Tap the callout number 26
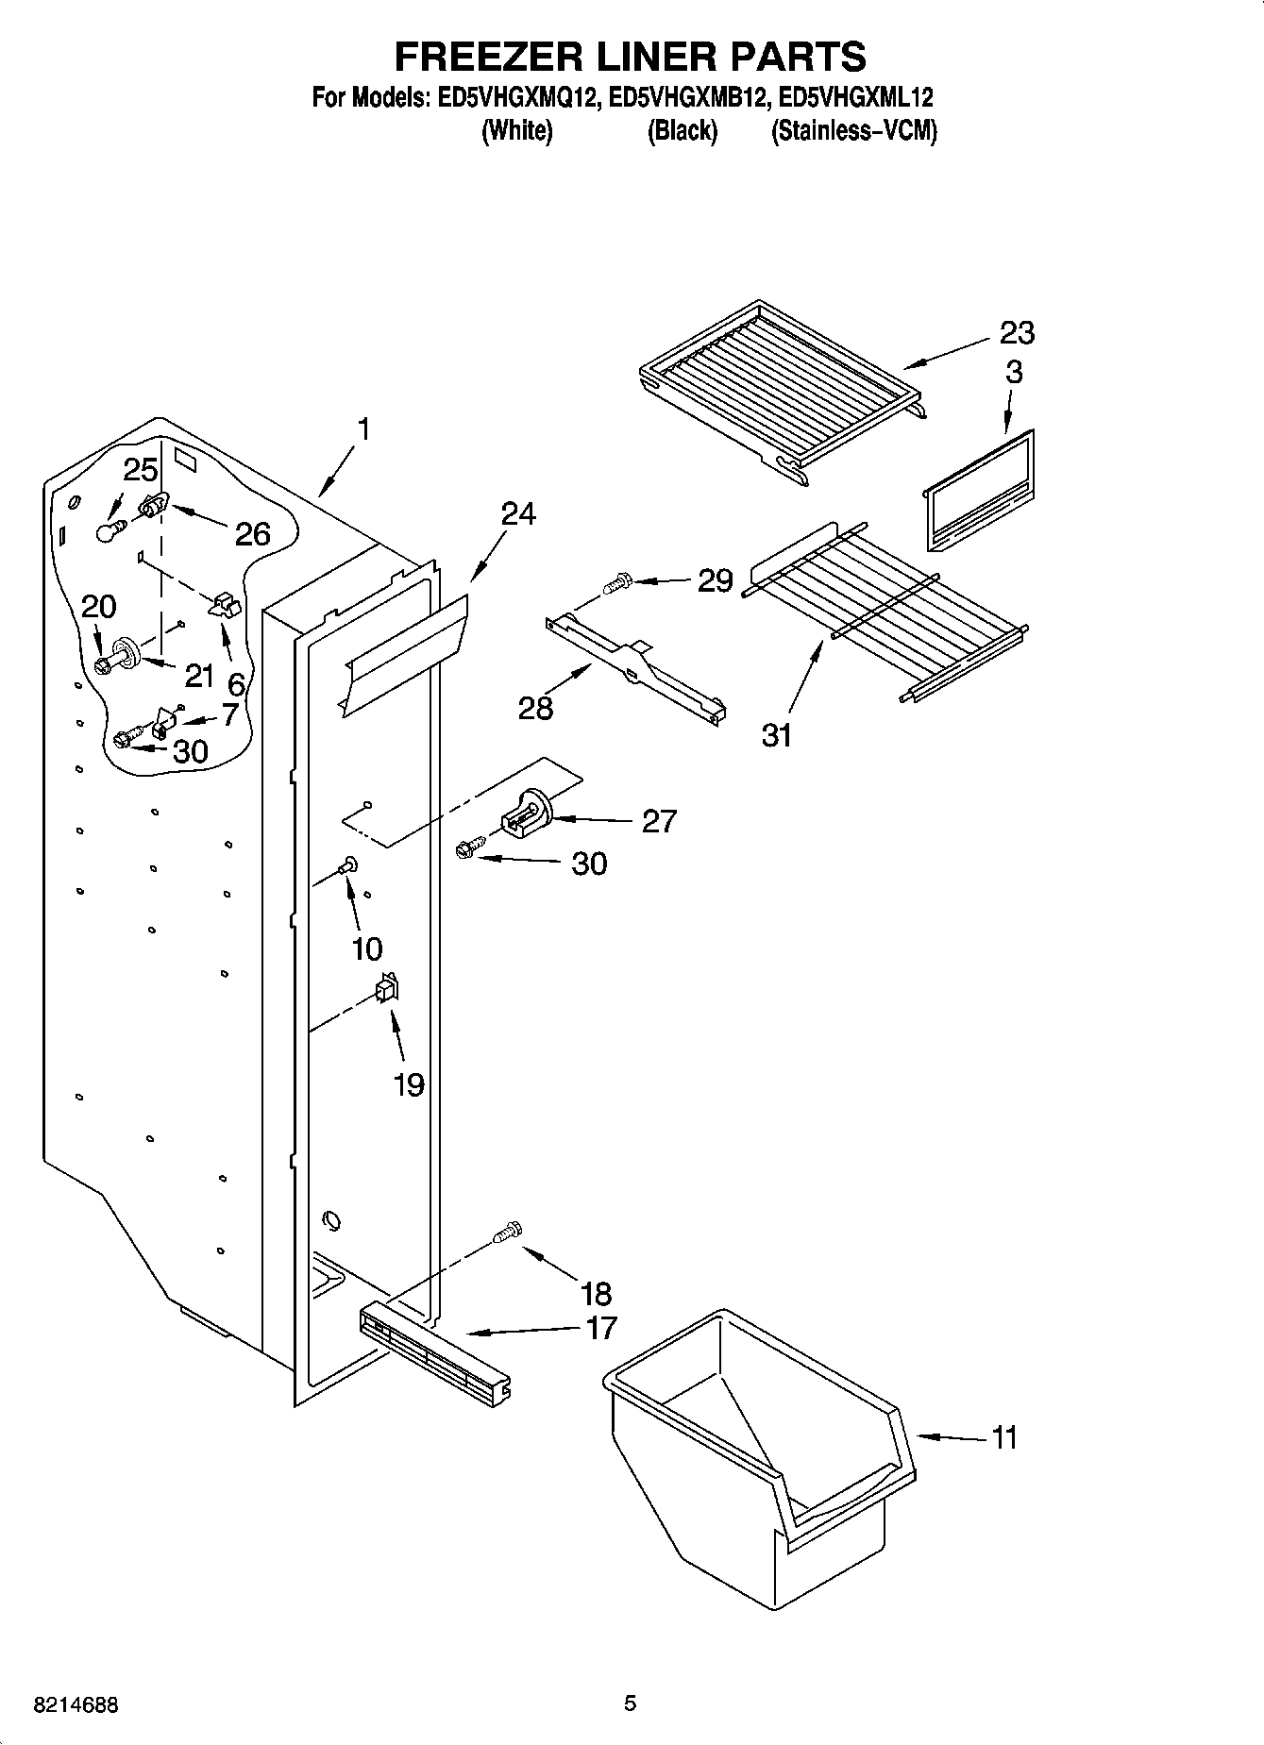pyautogui.click(x=252, y=534)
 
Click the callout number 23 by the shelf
pyautogui.click(x=1017, y=332)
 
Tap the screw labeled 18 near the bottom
pyautogui.click(x=508, y=1232)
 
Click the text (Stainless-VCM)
pyautogui.click(x=853, y=131)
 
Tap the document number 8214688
pyautogui.click(x=76, y=1705)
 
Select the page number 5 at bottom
pyautogui.click(x=630, y=1703)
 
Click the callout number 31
pyautogui.click(x=777, y=734)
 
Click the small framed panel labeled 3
pyautogui.click(x=977, y=491)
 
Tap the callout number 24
pyautogui.click(x=518, y=513)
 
